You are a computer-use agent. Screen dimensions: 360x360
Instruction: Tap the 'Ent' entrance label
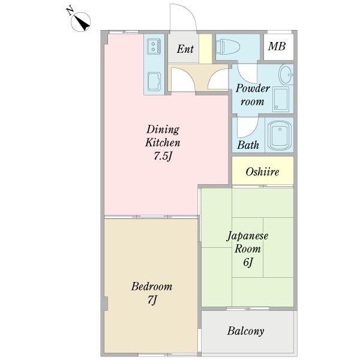185,49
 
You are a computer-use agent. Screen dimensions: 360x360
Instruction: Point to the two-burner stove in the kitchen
153,46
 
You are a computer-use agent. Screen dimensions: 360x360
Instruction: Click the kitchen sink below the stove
153,80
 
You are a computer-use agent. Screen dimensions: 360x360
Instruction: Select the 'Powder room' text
252,95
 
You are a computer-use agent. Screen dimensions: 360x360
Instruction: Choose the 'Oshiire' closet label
262,172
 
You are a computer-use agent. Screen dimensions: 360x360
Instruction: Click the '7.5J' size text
163,157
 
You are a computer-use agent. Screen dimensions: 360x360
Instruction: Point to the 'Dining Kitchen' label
163,136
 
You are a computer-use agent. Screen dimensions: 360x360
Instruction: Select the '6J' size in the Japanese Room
247,263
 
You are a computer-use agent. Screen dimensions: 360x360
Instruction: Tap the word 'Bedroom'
152,286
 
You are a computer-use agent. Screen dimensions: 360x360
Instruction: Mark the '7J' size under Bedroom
152,299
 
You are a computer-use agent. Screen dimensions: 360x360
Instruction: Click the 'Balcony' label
246,331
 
